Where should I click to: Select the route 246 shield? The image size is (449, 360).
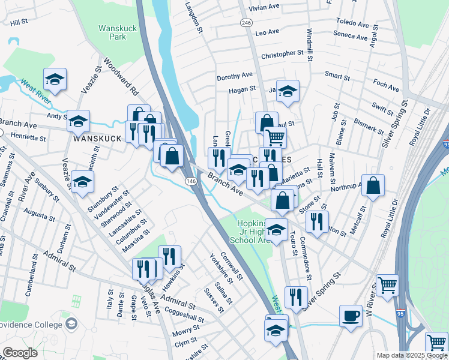246,22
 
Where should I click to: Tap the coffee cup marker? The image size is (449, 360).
351,315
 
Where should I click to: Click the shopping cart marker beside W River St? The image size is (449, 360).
387,284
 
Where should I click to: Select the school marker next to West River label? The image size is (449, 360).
55,79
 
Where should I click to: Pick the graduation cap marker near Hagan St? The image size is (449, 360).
288,91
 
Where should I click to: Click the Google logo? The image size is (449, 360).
20,353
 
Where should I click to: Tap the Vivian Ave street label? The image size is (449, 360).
265,7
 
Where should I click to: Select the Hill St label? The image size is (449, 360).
19,22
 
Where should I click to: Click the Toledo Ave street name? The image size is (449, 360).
353,23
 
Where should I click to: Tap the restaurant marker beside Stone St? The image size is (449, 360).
317,221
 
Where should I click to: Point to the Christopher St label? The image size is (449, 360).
282,54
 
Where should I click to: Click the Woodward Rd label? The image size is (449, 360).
120,77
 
